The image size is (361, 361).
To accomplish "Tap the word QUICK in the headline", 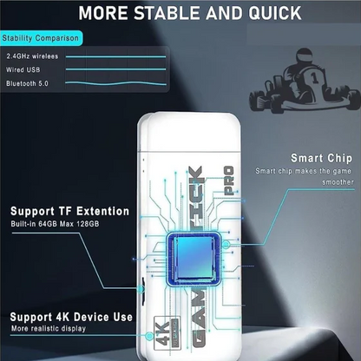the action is click(x=275, y=13).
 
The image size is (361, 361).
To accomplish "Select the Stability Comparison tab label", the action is click(x=41, y=38).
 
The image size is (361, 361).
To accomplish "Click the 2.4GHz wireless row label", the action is click(x=32, y=56).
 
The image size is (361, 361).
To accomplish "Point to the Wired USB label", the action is click(x=23, y=69).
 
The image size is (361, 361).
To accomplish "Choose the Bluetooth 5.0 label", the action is click(x=27, y=83).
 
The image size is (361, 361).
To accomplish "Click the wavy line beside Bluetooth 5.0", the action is click(x=116, y=83).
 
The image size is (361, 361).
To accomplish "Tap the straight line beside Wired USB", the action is click(x=116, y=69).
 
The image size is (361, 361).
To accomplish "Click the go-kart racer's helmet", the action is click(x=304, y=56).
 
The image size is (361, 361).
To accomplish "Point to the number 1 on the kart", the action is click(x=315, y=77).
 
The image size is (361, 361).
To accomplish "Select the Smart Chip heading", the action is click(x=322, y=158).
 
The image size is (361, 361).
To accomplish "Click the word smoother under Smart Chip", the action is click(x=338, y=182).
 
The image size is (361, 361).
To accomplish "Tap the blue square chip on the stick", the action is click(x=194, y=259).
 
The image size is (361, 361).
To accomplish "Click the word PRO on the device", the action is click(x=229, y=180).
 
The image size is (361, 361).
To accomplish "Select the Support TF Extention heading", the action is click(x=69, y=211).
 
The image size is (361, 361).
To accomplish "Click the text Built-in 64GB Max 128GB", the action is click(x=55, y=224).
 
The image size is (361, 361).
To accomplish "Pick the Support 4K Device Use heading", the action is click(x=71, y=317).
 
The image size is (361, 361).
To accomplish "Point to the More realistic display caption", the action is click(x=49, y=329).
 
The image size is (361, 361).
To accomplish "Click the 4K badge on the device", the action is click(x=167, y=333).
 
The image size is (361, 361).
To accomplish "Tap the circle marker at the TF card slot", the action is click(x=141, y=288).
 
